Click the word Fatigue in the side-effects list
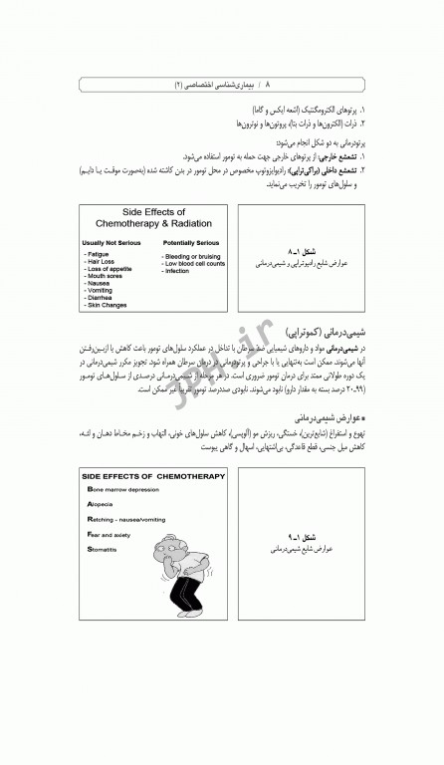[98, 255]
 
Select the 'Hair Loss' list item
[101, 262]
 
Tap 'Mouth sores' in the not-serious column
[104, 276]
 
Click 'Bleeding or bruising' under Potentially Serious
[192, 256]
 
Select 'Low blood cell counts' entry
[195, 263]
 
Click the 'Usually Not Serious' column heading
[111, 242]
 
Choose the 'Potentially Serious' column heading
[192, 242]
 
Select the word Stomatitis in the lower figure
[103, 549]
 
